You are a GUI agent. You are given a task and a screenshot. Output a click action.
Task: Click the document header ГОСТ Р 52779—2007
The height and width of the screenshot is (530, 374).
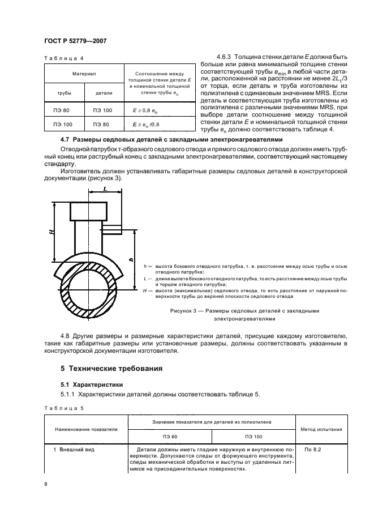point(75,41)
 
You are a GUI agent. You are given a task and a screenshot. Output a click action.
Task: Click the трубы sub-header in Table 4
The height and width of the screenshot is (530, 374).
point(64,92)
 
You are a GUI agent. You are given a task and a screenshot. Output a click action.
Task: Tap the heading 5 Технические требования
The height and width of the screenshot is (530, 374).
point(111,369)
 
